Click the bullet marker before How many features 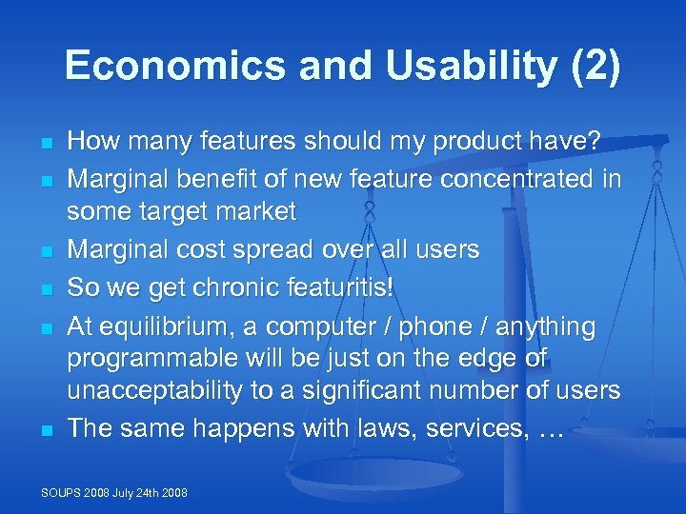pyautogui.click(x=45, y=144)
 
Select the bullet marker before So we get pyautogui.click(x=45, y=287)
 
